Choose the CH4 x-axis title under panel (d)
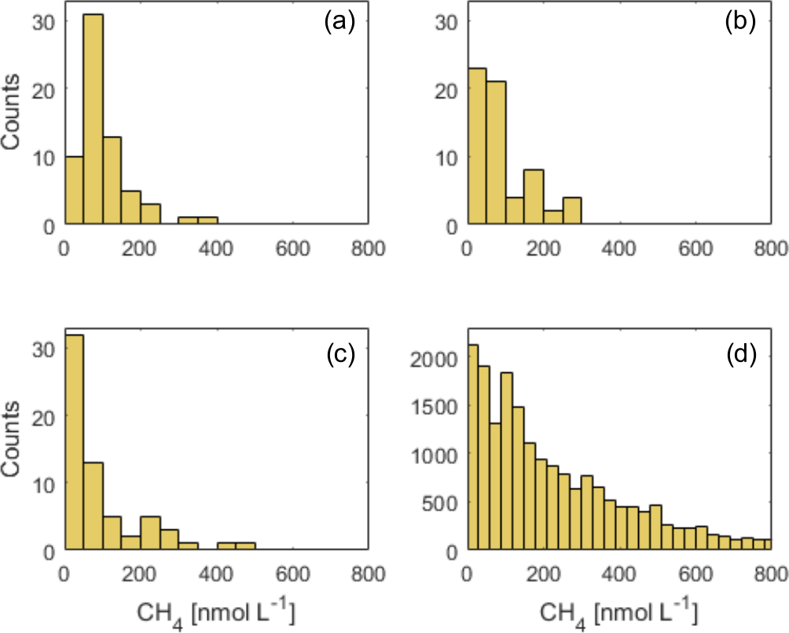[618, 609]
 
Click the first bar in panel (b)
[476, 147]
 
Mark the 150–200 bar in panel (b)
[534, 197]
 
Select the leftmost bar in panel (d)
[472, 447]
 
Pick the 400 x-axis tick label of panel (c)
[216, 573]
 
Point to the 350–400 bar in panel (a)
[207, 221]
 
